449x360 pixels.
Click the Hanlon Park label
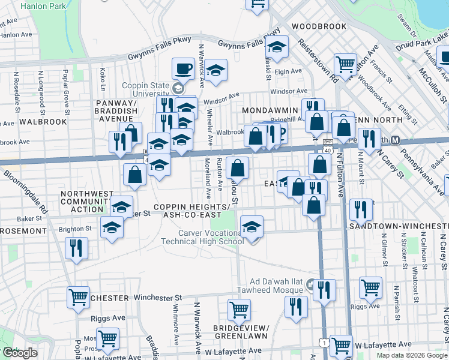point(43,7)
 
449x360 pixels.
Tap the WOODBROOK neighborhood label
point(319,27)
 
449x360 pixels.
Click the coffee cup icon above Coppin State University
point(183,68)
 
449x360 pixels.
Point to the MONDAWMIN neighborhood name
point(270,111)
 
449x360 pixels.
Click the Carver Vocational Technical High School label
point(201,237)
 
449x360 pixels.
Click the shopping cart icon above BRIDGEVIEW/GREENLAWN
point(239,310)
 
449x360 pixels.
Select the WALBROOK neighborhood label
point(43,121)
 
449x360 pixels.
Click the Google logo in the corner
point(20,353)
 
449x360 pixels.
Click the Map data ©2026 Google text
point(412,355)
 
